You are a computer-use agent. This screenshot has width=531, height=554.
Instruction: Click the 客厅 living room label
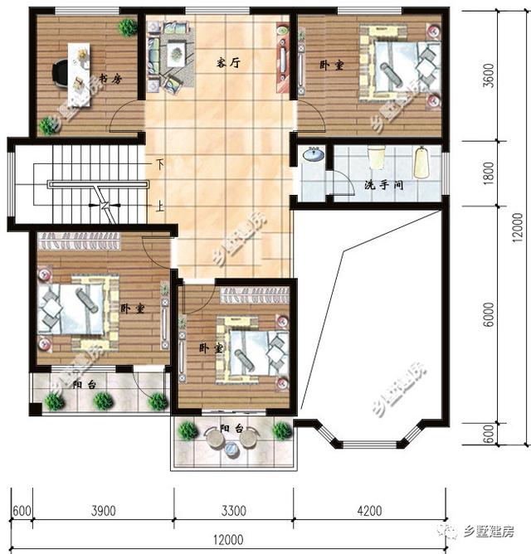click(228, 61)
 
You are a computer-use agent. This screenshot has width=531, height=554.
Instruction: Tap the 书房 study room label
click(111, 79)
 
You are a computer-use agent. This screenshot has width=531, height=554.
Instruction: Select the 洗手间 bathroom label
click(383, 186)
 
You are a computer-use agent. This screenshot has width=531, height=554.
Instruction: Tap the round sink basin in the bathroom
click(314, 155)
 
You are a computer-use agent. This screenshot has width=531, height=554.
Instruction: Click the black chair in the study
click(61, 73)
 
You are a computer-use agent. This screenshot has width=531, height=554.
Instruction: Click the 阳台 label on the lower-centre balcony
click(231, 429)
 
